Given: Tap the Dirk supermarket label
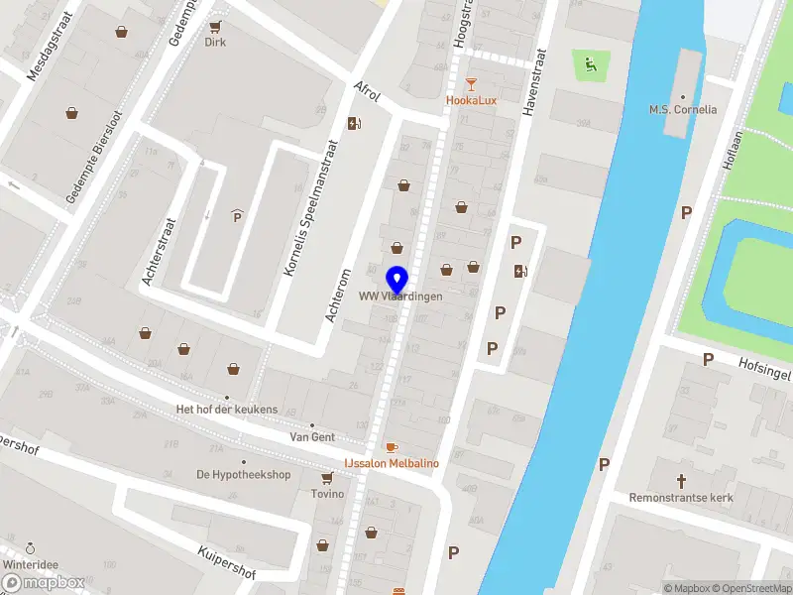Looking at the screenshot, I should coord(215,42).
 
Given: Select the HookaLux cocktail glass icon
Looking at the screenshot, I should coord(471,85).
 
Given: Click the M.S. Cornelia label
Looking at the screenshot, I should coord(683,109).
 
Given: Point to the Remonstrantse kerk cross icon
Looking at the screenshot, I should coord(681,481).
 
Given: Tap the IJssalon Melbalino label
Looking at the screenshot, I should coord(392,463).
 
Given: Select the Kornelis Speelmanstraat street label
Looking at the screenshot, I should coord(310,207).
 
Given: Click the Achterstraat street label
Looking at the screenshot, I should coord(160,252).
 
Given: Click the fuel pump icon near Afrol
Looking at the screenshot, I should coord(354,123).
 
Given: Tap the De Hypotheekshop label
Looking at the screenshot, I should coord(243,474).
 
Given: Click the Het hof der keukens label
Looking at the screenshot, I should coord(226,410).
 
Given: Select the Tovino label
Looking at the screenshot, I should coord(327,494).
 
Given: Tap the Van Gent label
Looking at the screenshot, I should coord(312,436).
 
